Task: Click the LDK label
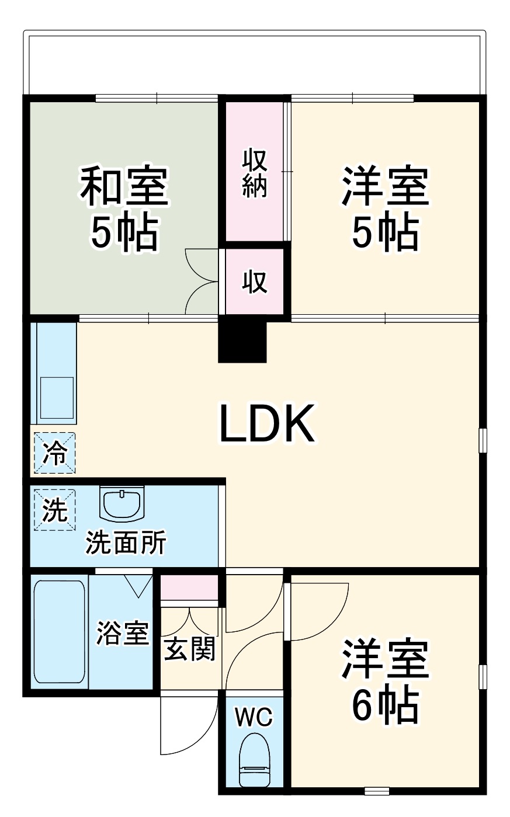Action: click(x=267, y=423)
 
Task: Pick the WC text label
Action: click(x=254, y=717)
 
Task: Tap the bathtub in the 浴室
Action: click(x=59, y=631)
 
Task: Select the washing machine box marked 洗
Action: click(x=55, y=509)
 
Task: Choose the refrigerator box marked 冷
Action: click(x=55, y=453)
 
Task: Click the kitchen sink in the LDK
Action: click(x=57, y=397)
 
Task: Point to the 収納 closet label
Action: click(x=255, y=173)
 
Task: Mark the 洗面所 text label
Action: click(x=126, y=543)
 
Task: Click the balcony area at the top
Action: click(x=255, y=62)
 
